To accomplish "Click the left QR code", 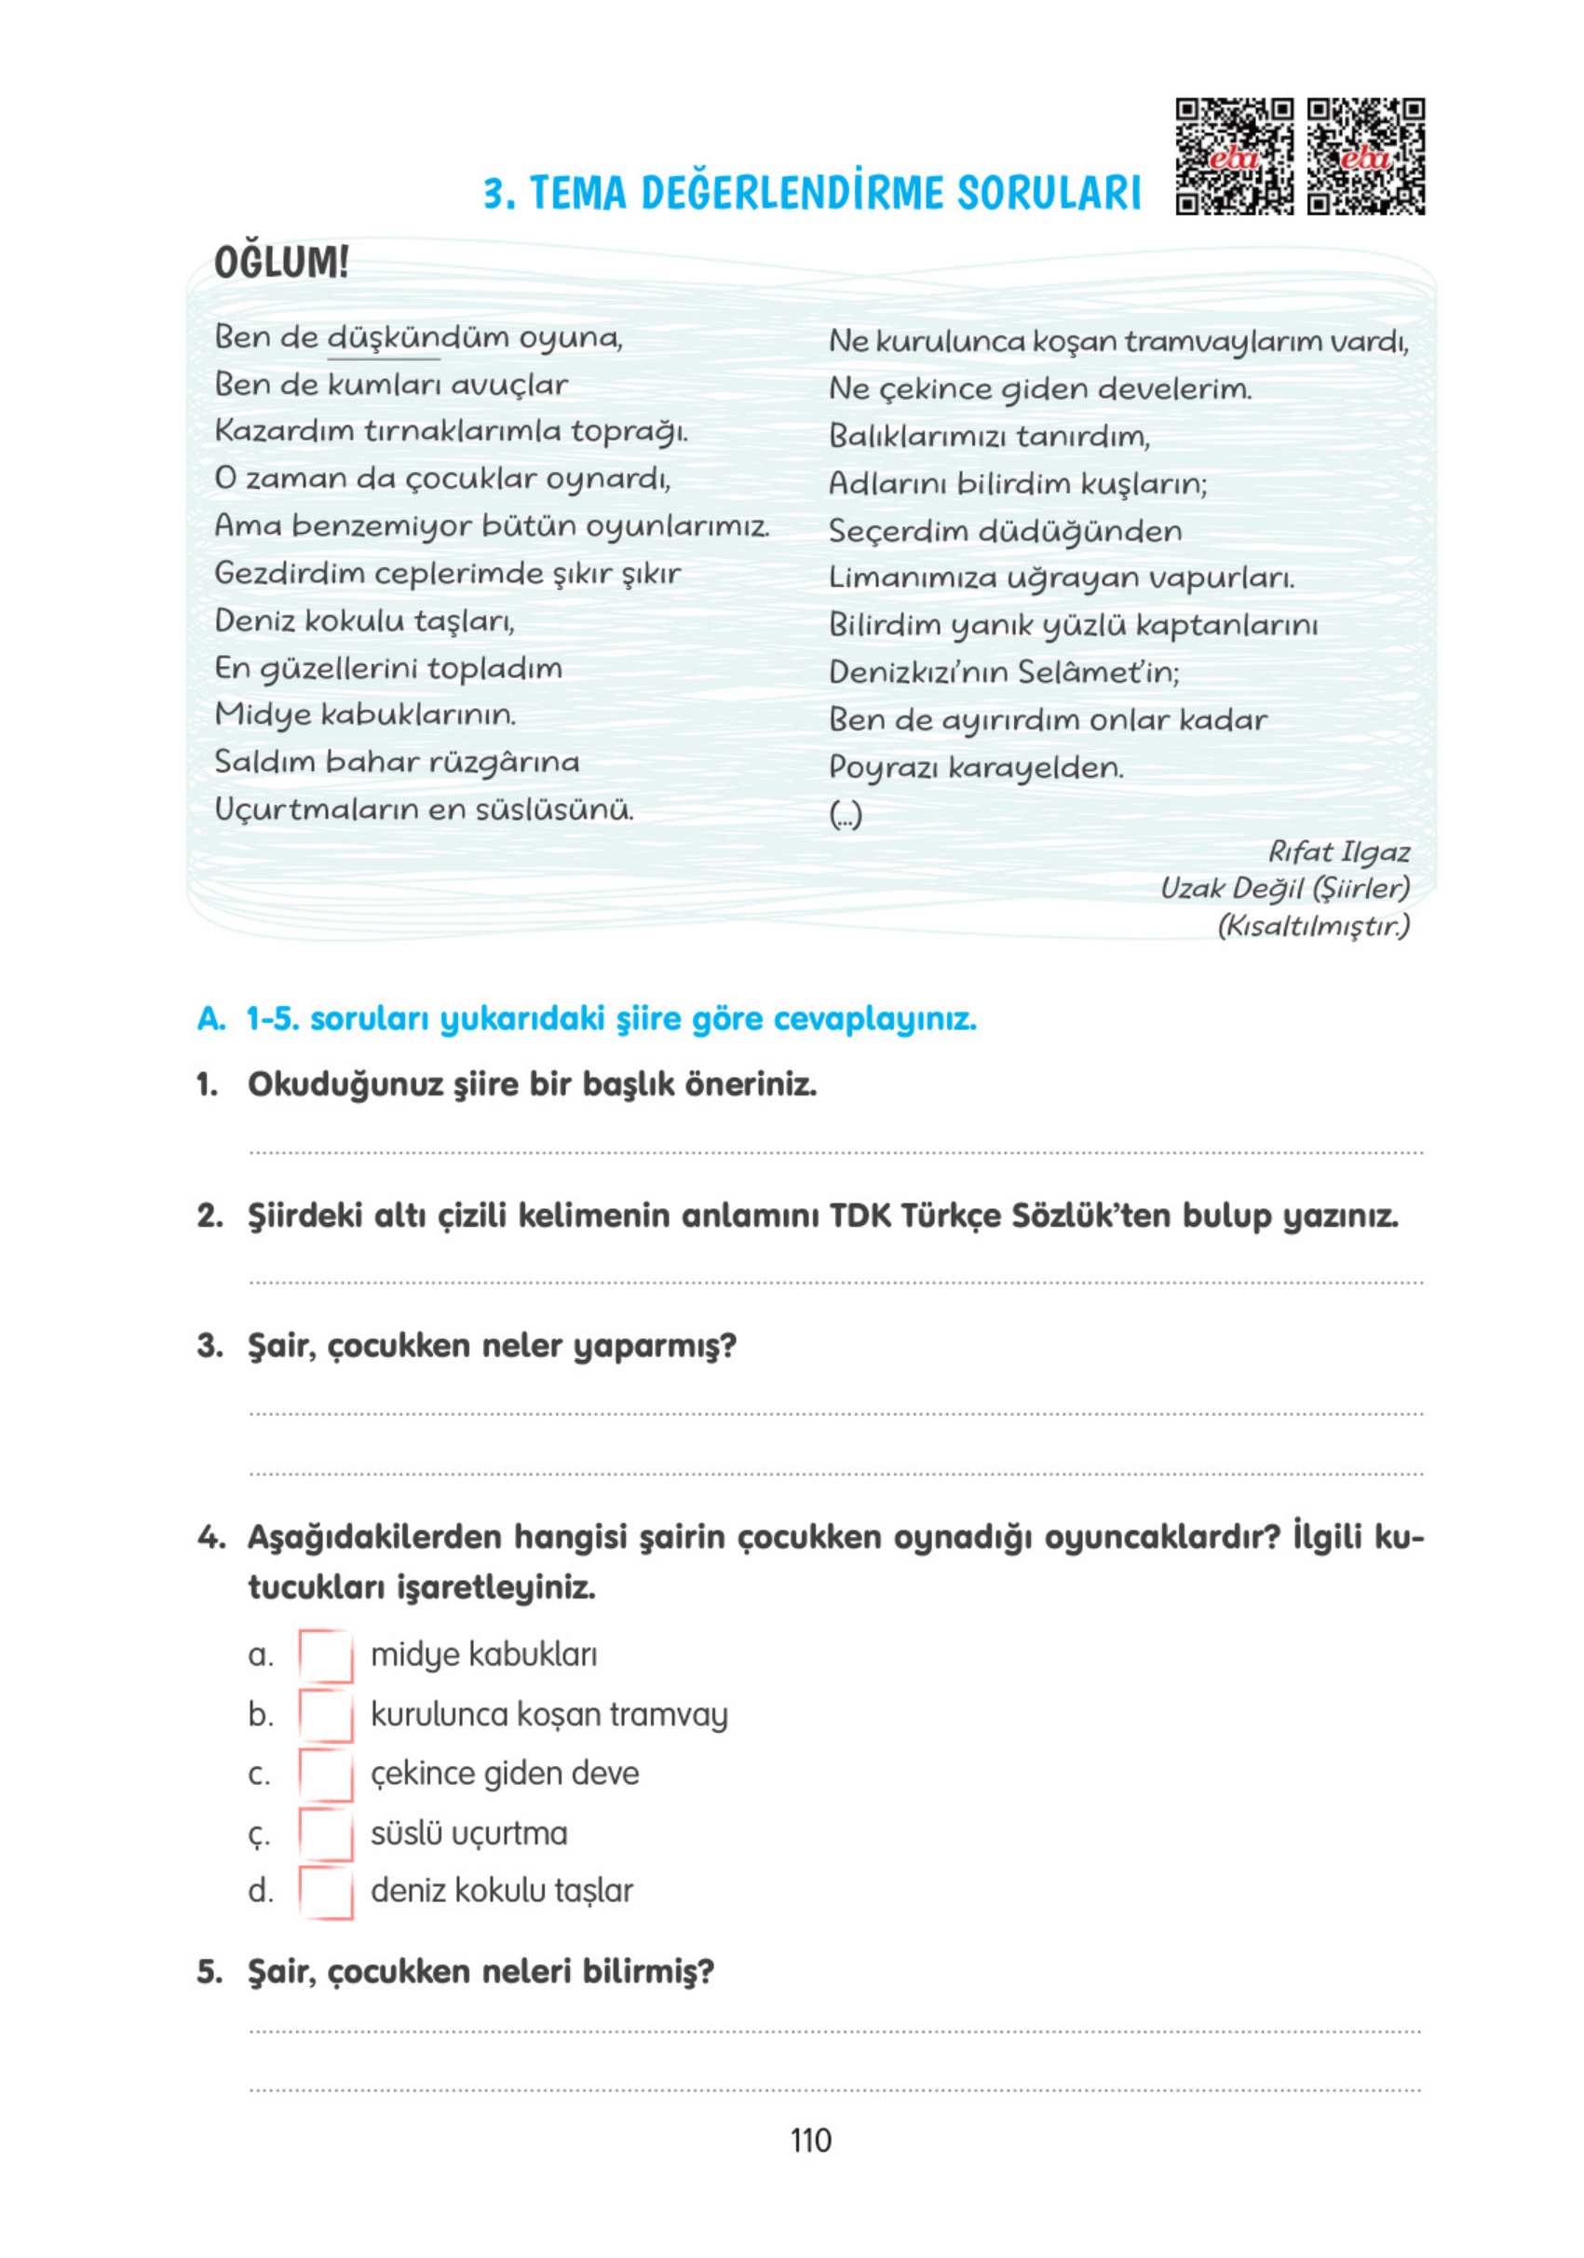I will (x=1234, y=156).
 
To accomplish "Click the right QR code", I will (x=1366, y=156).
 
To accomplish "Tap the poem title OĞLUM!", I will (x=281, y=263).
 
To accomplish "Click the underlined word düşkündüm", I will (x=384, y=337).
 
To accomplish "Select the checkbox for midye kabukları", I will (x=325, y=1656).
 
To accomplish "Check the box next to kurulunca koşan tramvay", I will (x=325, y=1715).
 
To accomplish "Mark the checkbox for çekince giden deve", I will (x=325, y=1775).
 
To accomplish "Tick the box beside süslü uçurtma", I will (x=325, y=1833).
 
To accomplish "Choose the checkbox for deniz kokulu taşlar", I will (x=325, y=1891).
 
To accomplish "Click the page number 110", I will (x=810, y=2140).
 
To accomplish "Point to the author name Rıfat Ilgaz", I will (x=1338, y=851).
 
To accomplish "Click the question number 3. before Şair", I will (x=210, y=1345).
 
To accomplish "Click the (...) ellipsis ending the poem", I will (x=846, y=815).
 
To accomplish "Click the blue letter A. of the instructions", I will (x=210, y=1019).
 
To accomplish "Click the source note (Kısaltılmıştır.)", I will (x=1313, y=925).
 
